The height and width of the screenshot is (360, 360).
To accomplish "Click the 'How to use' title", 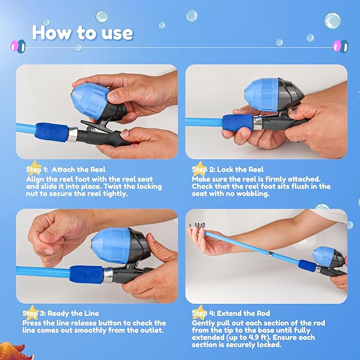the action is click(82, 33).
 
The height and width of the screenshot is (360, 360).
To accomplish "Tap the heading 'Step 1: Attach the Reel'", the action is click(66, 170).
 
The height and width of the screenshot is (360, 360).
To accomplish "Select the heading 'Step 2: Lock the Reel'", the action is click(228, 170).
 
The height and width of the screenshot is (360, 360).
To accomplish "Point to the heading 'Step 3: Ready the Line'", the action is click(60, 313).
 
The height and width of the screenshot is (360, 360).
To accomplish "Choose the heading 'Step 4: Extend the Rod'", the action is click(231, 313).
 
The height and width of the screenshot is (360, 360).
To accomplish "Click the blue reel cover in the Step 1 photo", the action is click(90, 101).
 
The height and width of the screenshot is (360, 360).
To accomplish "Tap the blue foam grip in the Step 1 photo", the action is click(52, 132).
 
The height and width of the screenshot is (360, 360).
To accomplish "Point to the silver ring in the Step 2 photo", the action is click(258, 123).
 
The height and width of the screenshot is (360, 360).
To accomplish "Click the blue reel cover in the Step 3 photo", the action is click(111, 245).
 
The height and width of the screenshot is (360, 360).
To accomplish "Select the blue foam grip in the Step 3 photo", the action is click(87, 275).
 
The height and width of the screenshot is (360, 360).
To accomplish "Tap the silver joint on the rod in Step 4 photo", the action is click(271, 254).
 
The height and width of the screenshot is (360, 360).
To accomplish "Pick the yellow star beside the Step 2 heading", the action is click(199, 169).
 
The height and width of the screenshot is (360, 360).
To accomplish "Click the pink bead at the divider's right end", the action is click(337, 46).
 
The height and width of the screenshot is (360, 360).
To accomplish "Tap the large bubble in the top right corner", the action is click(332, 21).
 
